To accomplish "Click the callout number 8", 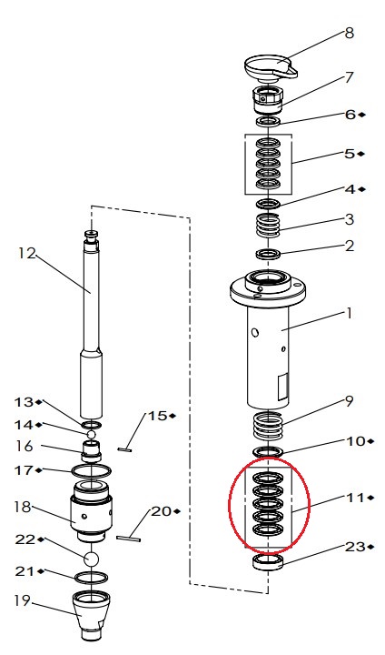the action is pyautogui.click(x=349, y=33).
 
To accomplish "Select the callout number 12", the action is pyautogui.click(x=27, y=253).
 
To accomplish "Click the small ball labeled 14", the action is pyautogui.click(x=92, y=435).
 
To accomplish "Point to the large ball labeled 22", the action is pyautogui.click(x=92, y=559).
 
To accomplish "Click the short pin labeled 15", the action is pyautogui.click(x=125, y=450).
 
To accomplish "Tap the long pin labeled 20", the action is pyautogui.click(x=128, y=539).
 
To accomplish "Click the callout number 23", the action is pyautogui.click(x=355, y=547).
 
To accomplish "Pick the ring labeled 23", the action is pyautogui.click(x=269, y=562).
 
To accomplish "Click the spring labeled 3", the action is pyautogui.click(x=268, y=225).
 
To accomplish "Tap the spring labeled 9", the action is pyautogui.click(x=268, y=424).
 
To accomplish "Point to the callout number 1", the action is pyautogui.click(x=349, y=313).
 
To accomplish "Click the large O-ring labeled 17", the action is pyautogui.click(x=92, y=471).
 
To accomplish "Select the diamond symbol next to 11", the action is pyautogui.click(x=370, y=498).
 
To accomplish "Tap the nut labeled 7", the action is pyautogui.click(x=268, y=100).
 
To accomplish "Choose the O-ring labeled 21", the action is pyautogui.click(x=92, y=577).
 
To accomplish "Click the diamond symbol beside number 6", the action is pyautogui.click(x=361, y=115).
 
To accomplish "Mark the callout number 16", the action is pyautogui.click(x=25, y=446).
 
